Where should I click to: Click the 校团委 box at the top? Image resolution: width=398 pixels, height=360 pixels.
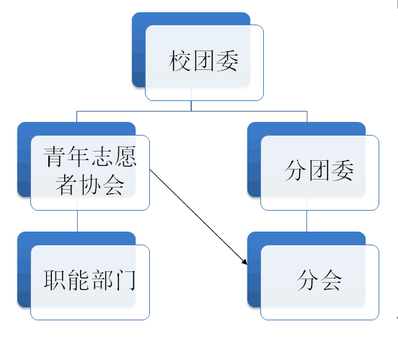198,56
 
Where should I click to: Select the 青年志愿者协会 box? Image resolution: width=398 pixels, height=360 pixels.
84,166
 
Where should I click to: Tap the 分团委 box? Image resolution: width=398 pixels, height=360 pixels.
313,166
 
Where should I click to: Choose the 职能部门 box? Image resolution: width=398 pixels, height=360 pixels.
84,276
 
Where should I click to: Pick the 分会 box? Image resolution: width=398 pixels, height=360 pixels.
313,276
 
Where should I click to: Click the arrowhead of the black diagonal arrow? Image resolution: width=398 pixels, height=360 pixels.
245,263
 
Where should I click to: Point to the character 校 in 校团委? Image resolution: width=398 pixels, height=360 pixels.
180,61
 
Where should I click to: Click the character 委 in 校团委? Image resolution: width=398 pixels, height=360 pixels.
227,61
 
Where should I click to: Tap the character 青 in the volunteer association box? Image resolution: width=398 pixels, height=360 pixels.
54,157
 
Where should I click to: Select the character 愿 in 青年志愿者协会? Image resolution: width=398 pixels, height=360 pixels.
125,157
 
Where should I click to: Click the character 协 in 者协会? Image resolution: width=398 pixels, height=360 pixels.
90,185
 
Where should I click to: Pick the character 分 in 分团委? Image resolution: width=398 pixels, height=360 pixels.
295,170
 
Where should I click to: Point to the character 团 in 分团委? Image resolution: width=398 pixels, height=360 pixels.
319,170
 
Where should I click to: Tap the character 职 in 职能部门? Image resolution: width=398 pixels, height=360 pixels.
54,280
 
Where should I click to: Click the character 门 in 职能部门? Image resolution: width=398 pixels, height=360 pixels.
125,280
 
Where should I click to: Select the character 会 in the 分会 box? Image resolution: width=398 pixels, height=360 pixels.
331,280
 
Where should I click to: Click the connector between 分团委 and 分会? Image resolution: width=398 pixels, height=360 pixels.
306,221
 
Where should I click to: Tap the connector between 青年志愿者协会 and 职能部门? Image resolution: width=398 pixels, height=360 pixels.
77,221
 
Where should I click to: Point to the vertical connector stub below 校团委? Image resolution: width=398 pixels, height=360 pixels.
191,106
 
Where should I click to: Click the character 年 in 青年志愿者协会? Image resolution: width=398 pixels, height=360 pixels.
78,157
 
